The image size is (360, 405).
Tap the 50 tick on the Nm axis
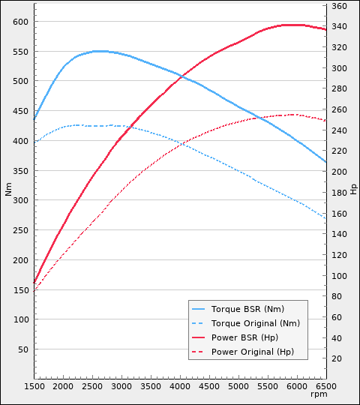coord(22,349)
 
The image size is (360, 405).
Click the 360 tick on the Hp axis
coord(340,6)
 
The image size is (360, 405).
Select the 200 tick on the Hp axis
coord(340,172)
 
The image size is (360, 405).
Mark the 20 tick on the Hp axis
coord(337,358)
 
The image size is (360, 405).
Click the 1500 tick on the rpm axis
coord(34,386)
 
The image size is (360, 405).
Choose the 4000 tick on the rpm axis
coord(180,386)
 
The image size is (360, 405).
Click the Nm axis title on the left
coord(8,190)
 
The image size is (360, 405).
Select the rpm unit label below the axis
coord(319,394)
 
